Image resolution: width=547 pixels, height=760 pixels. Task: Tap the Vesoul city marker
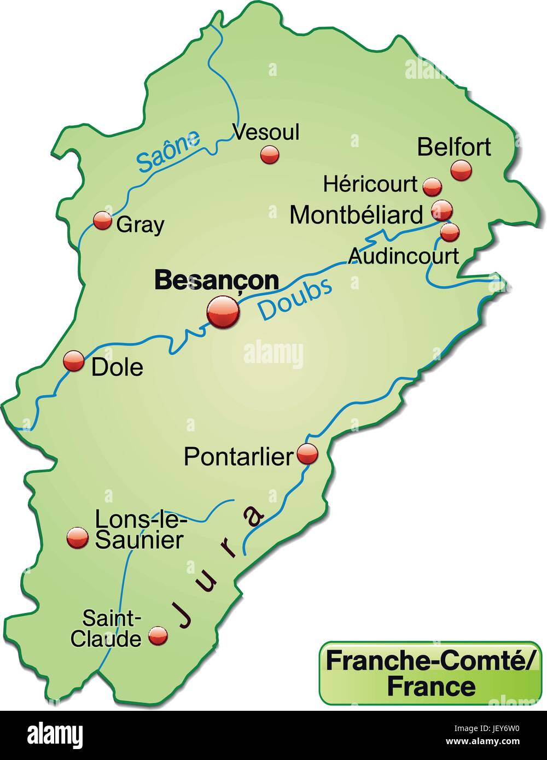(270, 155)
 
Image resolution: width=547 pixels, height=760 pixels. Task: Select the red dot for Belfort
(461, 171)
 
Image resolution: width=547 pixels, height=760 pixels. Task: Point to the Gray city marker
(102, 221)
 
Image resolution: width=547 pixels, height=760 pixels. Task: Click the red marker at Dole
(74, 361)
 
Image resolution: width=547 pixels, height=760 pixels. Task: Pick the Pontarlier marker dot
(307, 453)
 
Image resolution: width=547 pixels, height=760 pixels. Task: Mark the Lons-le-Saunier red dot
(77, 538)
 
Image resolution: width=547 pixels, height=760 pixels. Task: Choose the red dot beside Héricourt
(433, 186)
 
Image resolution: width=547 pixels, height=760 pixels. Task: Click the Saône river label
(168, 151)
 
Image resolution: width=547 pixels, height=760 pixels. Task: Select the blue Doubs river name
(295, 299)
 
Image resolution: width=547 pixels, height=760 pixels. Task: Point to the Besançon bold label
(217, 281)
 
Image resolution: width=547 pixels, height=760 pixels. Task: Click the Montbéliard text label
(357, 215)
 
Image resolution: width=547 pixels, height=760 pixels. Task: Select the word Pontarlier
(239, 457)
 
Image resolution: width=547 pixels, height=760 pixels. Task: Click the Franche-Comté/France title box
(430, 673)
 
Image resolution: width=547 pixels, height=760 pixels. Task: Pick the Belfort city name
(454, 147)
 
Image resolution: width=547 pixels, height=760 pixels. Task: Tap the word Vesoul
(266, 132)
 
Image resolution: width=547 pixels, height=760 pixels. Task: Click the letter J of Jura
(184, 615)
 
